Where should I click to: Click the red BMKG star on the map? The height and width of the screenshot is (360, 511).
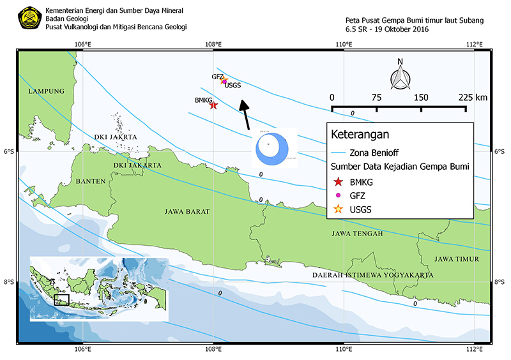(x=214, y=105)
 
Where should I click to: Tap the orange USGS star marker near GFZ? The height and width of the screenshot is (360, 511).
(x=224, y=81)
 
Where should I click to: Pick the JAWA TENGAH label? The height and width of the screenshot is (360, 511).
(x=357, y=234)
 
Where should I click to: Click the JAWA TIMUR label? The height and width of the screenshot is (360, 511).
(x=455, y=259)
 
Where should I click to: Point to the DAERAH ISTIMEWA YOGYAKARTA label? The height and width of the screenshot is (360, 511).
(x=372, y=275)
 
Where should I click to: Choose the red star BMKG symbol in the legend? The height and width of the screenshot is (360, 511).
(x=339, y=183)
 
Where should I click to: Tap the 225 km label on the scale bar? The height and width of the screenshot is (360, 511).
(x=473, y=97)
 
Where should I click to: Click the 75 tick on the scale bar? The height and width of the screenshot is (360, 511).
(x=376, y=97)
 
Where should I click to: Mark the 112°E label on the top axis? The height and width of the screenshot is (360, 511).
(x=474, y=43)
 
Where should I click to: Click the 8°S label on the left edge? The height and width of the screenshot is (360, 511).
(x=11, y=282)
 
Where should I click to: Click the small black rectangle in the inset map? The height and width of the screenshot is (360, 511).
(x=61, y=299)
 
